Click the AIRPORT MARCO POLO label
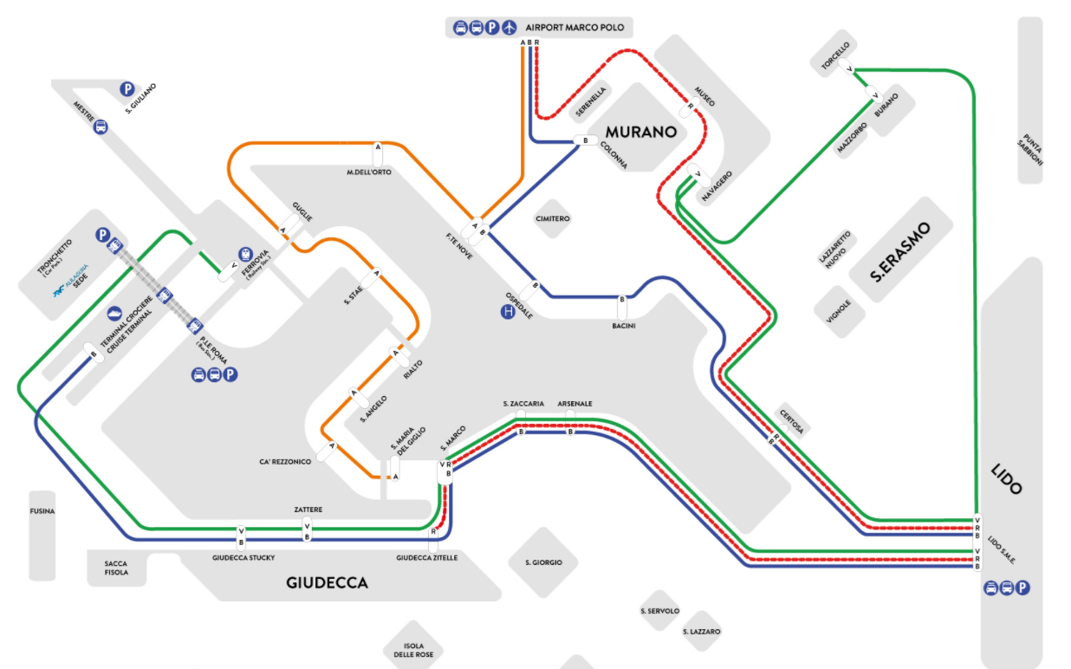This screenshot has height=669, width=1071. [x=574, y=28]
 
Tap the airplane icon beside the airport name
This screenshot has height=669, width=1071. [x=509, y=28]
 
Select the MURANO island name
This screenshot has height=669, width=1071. [x=640, y=133]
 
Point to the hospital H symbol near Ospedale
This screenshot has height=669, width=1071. [x=509, y=311]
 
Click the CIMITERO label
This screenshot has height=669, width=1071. [x=553, y=219]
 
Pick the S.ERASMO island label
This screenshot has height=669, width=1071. [x=901, y=253]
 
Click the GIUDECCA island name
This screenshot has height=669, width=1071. [x=327, y=583]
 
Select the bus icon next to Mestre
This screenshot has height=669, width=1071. [x=101, y=127]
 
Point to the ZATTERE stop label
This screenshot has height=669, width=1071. [x=308, y=510]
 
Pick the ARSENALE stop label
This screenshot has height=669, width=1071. [x=574, y=404]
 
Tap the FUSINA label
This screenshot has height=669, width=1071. [x=42, y=511]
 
